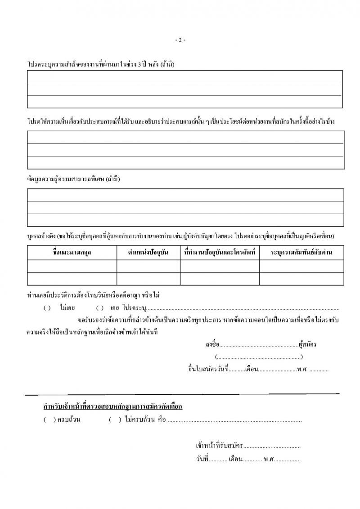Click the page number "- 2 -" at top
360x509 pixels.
tap(180, 40)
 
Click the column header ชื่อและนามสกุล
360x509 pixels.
tap(72, 253)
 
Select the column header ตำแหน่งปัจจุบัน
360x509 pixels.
tap(148, 253)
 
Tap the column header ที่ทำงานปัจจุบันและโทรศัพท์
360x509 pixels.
tap(220, 253)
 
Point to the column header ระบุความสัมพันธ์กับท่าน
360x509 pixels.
tap(301, 253)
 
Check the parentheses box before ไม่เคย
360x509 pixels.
tap(47, 308)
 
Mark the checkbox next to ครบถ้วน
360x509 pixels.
tap(49, 420)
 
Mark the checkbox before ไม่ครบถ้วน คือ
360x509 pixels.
tap(115, 420)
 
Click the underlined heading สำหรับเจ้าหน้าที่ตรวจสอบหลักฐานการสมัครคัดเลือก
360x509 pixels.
tap(112, 406)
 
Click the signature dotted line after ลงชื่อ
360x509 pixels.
tap(258, 345)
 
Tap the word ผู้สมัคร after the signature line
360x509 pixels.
tap(307, 345)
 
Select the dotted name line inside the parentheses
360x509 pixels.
tap(259, 357)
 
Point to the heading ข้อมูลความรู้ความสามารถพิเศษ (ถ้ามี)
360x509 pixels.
tap(74, 179)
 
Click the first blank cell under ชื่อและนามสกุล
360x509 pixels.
tap(72, 266)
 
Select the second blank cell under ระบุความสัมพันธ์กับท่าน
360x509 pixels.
tap(301, 279)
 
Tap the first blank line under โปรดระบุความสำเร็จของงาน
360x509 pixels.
tap(184, 77)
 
